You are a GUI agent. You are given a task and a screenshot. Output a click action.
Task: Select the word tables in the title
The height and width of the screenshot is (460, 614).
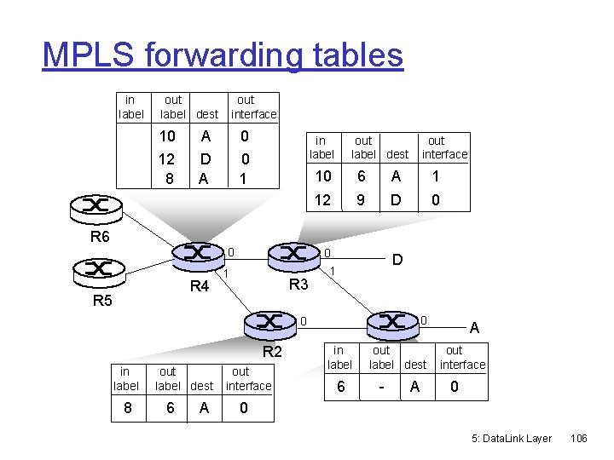pos(361,55)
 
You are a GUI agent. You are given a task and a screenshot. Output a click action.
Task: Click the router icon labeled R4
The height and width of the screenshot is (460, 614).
pos(197,253)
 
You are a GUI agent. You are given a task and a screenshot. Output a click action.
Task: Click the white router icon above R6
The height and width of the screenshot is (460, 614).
pos(96,206)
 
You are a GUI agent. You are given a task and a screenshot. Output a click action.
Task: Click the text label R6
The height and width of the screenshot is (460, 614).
pos(100,237)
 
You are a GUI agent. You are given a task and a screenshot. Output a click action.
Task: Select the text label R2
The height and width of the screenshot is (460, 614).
pos(272,351)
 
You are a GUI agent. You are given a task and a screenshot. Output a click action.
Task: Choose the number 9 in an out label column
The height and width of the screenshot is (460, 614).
pos(362,201)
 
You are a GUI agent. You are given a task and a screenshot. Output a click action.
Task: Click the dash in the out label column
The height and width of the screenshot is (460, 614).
pos(381,387)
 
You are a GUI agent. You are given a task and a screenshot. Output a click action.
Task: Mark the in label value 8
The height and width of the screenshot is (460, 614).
pos(126,408)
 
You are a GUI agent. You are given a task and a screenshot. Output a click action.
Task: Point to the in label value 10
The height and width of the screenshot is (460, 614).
pos(323,176)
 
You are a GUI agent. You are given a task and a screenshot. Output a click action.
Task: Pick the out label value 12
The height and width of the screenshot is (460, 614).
pos(167,159)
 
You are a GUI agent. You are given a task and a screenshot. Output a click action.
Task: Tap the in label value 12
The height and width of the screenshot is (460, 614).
pos(323,201)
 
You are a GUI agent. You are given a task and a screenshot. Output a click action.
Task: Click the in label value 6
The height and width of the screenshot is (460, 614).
pos(341,387)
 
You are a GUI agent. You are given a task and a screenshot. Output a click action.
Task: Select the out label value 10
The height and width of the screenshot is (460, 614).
pos(167,135)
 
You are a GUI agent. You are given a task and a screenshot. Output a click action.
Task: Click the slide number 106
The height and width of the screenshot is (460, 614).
pos(579,438)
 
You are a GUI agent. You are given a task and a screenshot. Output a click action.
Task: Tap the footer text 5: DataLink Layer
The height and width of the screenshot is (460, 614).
pos(512,438)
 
